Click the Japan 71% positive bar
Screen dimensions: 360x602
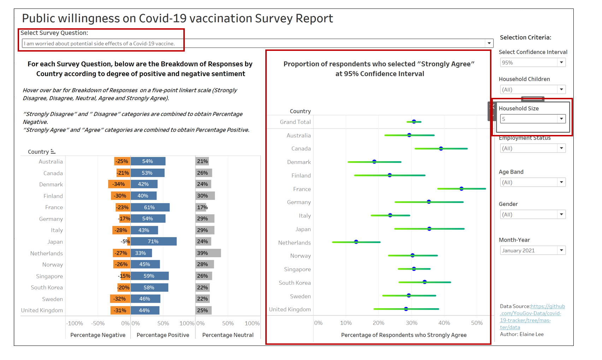coord(153,242)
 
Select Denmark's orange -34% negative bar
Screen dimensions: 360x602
coord(119,184)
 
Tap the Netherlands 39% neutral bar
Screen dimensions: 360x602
coord(208,253)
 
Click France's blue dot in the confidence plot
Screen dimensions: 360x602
coord(461,189)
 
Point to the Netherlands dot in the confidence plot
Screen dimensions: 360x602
coord(356,242)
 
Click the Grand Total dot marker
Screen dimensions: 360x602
coord(414,122)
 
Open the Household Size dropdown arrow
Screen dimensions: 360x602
coord(561,119)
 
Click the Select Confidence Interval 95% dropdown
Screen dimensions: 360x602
coord(533,63)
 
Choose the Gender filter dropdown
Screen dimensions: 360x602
coord(533,214)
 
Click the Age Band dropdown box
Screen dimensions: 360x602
coord(533,182)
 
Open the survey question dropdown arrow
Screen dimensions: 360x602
coord(489,43)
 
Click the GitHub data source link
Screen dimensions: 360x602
coord(532,317)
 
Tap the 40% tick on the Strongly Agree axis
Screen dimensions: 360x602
coord(444,323)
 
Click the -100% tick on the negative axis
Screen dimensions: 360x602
coord(75,323)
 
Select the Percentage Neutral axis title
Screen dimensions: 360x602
coord(228,335)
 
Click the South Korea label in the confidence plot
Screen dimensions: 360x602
coord(295,283)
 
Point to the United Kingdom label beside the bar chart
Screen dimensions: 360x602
coord(42,310)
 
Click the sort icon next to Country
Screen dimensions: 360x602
coord(53,152)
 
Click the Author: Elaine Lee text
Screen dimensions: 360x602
coord(522,334)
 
